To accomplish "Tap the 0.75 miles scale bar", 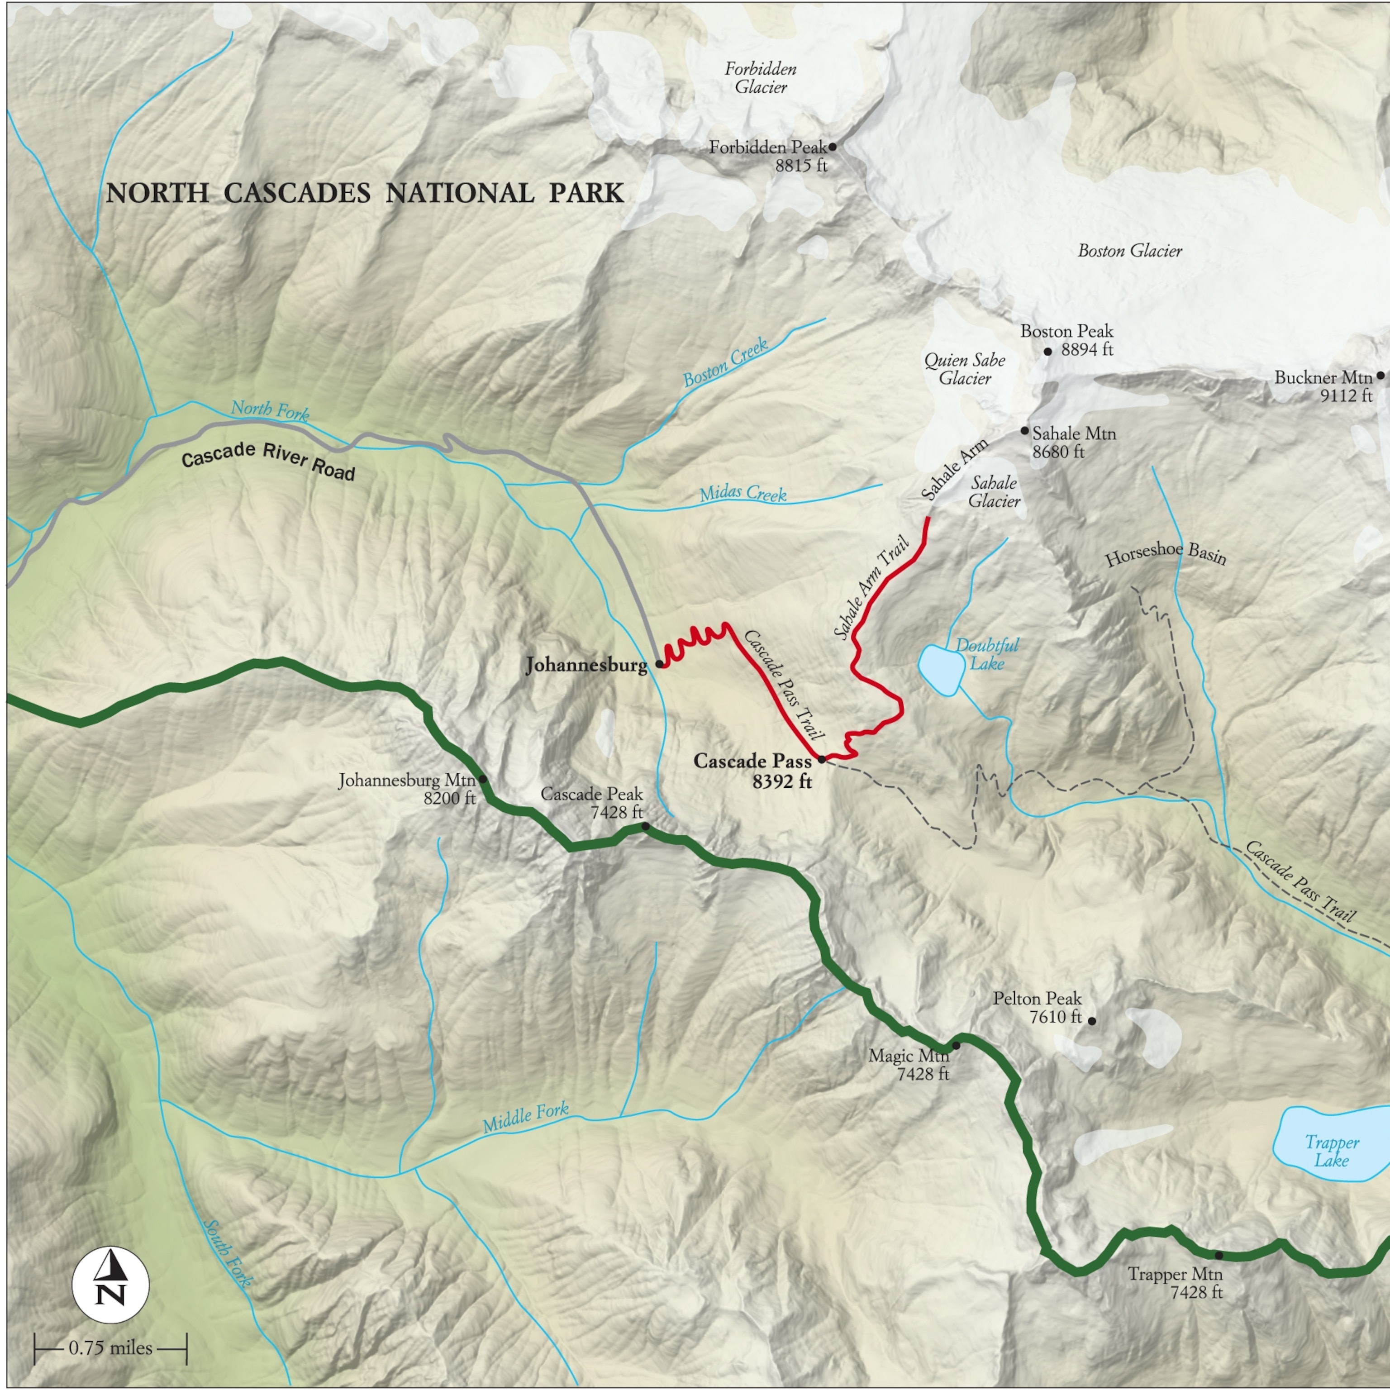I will [110, 1347].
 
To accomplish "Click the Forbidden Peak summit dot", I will [833, 147].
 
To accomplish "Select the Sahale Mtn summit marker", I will [1024, 431].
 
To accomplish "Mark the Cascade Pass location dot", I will [822, 759].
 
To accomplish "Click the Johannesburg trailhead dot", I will [659, 664].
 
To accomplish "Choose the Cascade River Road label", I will [268, 461].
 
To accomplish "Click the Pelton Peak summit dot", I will [1091, 1021].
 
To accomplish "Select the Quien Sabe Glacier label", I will [965, 369].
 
